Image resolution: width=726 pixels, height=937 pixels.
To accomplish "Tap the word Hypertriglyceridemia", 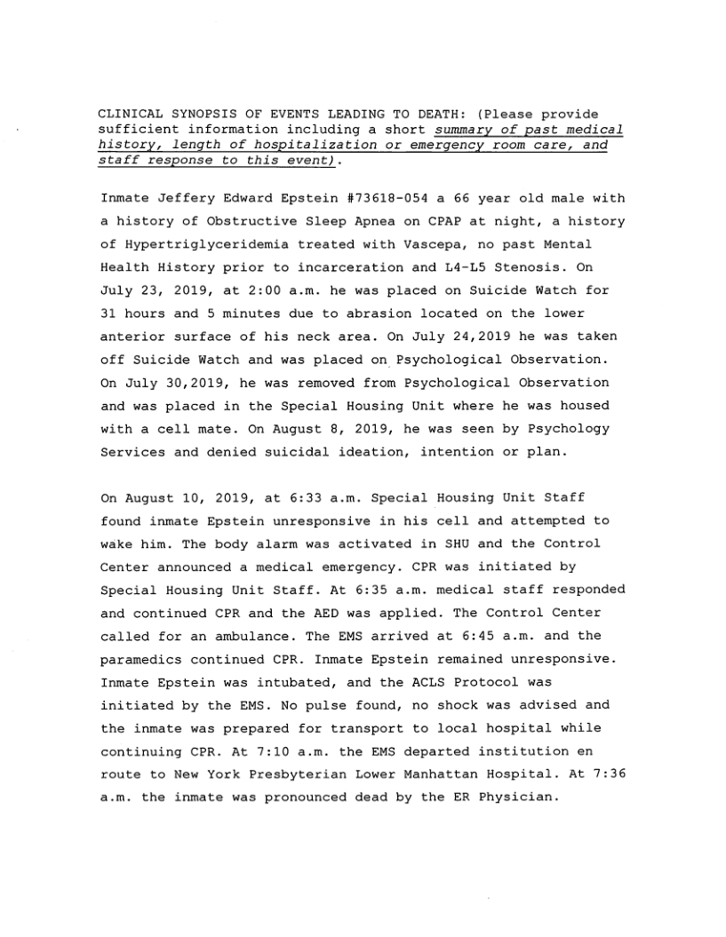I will pos(195,244).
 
